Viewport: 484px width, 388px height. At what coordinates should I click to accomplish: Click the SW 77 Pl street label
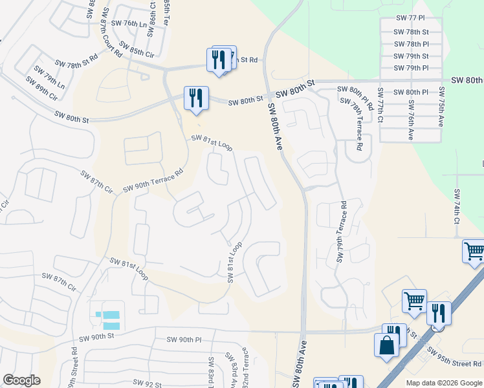(412, 20)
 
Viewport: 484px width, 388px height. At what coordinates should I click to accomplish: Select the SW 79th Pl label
(412, 68)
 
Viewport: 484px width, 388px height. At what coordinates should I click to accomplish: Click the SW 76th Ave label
(411, 125)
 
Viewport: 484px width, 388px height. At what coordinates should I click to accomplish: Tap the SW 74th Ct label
(457, 206)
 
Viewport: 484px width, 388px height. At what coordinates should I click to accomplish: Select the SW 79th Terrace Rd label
(341, 232)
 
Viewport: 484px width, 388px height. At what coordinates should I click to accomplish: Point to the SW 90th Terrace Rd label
(153, 179)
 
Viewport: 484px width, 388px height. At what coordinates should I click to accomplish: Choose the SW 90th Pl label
(184, 339)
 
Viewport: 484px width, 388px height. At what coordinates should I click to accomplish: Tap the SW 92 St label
(147, 384)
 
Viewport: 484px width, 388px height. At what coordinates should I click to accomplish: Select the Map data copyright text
(443, 383)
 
